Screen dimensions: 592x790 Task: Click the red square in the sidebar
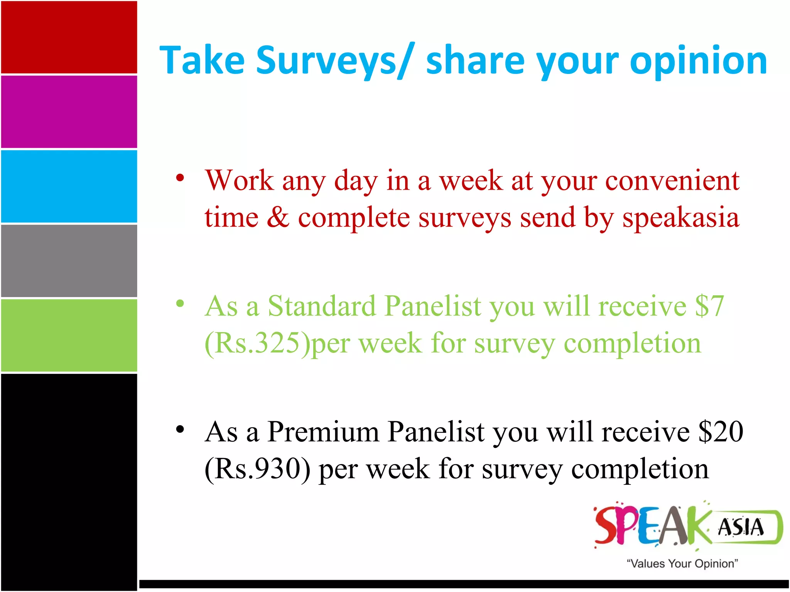coord(69,37)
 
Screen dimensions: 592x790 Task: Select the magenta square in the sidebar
coord(69,112)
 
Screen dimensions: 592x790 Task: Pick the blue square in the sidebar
coord(69,186)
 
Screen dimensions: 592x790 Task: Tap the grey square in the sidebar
coord(69,261)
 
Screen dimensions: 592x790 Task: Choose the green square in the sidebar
coord(69,335)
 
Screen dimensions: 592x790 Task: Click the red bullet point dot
coord(180,178)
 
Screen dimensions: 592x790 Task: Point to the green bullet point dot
coord(180,304)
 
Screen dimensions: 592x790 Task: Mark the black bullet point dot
coord(180,429)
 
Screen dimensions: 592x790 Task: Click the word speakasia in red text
coord(681,218)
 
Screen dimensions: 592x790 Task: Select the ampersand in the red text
coord(278,218)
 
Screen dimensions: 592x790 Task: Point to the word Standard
coord(322,306)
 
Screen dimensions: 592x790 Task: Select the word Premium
coord(323,432)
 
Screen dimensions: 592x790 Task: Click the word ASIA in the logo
coord(740,527)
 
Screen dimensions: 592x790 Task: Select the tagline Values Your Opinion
coord(682,563)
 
